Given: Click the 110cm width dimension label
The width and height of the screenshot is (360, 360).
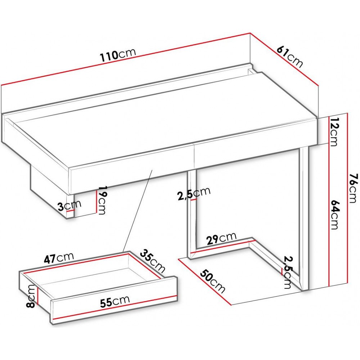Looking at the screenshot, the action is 118,55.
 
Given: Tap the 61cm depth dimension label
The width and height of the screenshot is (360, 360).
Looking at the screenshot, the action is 290,57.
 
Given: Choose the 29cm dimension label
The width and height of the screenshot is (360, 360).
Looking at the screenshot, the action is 221,238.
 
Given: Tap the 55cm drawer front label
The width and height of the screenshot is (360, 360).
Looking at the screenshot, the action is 115,301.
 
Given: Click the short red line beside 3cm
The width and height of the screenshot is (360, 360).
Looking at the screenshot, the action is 71,211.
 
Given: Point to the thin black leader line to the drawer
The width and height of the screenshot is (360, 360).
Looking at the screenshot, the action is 138,211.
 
